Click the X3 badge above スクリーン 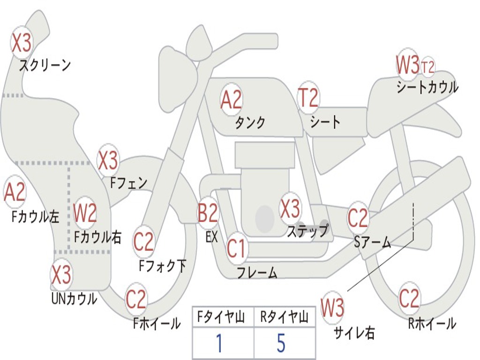tap(21, 43)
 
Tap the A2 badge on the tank tap(231, 99)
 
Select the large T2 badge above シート tap(308, 98)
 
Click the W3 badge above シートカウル tap(407, 65)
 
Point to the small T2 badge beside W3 tap(427, 67)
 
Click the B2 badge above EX tap(208, 213)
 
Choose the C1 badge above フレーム tap(236, 248)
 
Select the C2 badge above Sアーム tap(358, 218)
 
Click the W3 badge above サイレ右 tap(332, 308)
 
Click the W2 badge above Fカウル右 tap(85, 214)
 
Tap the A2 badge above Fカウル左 tap(15, 192)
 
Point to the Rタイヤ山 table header tap(284, 318)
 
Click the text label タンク tap(250, 123)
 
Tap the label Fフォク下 tap(163, 266)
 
